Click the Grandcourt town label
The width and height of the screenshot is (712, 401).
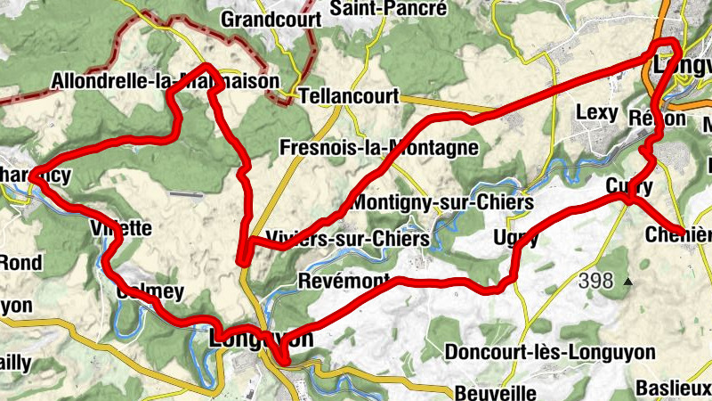(263, 19)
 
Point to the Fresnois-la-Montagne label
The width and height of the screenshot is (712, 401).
(378, 147)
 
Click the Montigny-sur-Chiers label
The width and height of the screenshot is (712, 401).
(442, 203)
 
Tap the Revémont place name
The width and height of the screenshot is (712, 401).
(345, 281)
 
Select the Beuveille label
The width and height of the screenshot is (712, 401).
(495, 392)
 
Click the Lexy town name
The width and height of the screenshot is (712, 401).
(595, 113)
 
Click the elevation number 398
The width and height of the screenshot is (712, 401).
(595, 282)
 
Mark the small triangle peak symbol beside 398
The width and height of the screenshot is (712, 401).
(628, 282)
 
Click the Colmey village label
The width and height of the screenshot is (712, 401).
(150, 292)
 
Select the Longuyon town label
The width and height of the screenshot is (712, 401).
(262, 340)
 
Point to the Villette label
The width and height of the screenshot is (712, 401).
(121, 228)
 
